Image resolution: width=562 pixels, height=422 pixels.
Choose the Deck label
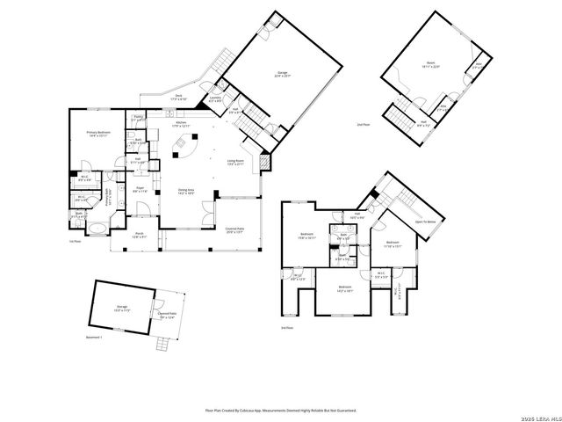click(x=178, y=98)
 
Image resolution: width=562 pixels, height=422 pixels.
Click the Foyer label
click(x=140, y=189)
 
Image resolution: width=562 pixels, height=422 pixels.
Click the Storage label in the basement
click(x=121, y=309)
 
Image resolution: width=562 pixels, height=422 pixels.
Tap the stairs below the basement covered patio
click(x=162, y=345)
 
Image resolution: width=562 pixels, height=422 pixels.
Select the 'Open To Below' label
click(x=426, y=222)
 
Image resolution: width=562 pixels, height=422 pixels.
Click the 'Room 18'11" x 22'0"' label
click(x=431, y=64)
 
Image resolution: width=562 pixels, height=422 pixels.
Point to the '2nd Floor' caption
click(x=363, y=126)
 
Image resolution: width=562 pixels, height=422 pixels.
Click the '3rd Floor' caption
click(x=286, y=327)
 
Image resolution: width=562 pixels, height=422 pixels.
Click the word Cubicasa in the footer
click(x=247, y=410)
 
